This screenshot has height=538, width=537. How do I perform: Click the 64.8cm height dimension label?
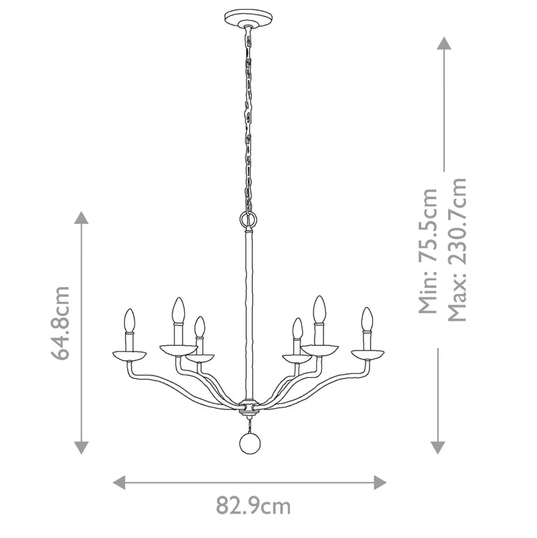60,322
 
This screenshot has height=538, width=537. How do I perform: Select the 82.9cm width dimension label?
253,505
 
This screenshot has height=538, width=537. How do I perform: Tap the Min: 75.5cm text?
428,252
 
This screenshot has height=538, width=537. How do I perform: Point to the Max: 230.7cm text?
458,249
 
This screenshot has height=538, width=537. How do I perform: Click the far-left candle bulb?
130,320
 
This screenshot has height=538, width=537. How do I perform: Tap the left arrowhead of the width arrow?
119,482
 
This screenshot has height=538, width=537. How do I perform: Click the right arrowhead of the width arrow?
380,482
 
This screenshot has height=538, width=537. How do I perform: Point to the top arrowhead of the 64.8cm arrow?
82,218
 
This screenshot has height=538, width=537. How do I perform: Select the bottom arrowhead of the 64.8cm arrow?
82,447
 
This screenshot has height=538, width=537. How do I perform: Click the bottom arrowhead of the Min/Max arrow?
438,447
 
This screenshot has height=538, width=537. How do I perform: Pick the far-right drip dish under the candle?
367,354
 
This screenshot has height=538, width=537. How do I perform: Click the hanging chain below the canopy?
249,114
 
